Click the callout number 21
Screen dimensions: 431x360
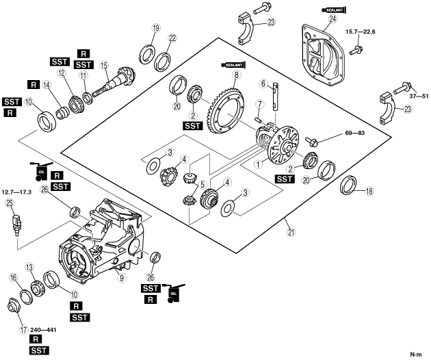pos(291,233)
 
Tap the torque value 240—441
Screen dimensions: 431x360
pos(43,329)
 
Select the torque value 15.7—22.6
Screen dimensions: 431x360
pos(361,31)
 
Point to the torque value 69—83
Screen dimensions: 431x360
pos(355,133)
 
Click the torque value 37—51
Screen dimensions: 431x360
pos(419,97)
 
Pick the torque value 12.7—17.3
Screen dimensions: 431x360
pos(16,192)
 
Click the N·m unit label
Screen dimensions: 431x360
pos(416,355)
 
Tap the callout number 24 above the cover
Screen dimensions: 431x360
pos(332,19)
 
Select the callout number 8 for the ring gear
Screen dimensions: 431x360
pos(236,74)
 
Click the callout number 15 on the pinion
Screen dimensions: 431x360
pos(104,65)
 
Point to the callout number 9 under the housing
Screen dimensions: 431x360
pos(121,278)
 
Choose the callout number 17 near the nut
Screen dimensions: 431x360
pos(24,329)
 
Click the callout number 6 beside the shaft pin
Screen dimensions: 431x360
pos(263,83)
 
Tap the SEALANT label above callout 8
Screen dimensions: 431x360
pos(233,65)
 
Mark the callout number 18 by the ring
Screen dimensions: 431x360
pos(369,191)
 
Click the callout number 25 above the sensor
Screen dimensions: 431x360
pos(10,203)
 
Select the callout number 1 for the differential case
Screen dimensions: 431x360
pos(258,164)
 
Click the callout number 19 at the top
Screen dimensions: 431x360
pos(156,28)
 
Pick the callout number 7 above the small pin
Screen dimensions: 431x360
pos(259,104)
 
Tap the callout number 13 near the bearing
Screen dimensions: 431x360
pos(29,267)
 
